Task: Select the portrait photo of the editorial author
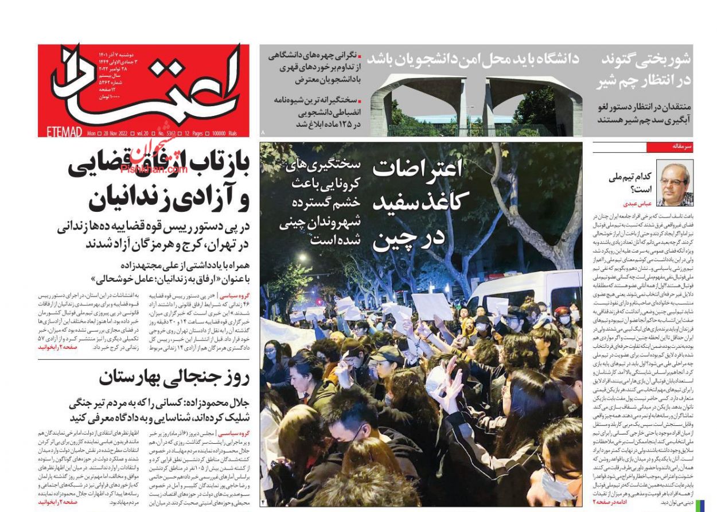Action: [675, 184]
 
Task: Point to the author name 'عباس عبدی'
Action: [636, 204]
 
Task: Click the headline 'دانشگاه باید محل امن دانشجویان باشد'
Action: [473, 59]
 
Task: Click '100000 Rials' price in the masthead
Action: [224, 133]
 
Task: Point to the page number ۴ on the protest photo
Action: [266, 502]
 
